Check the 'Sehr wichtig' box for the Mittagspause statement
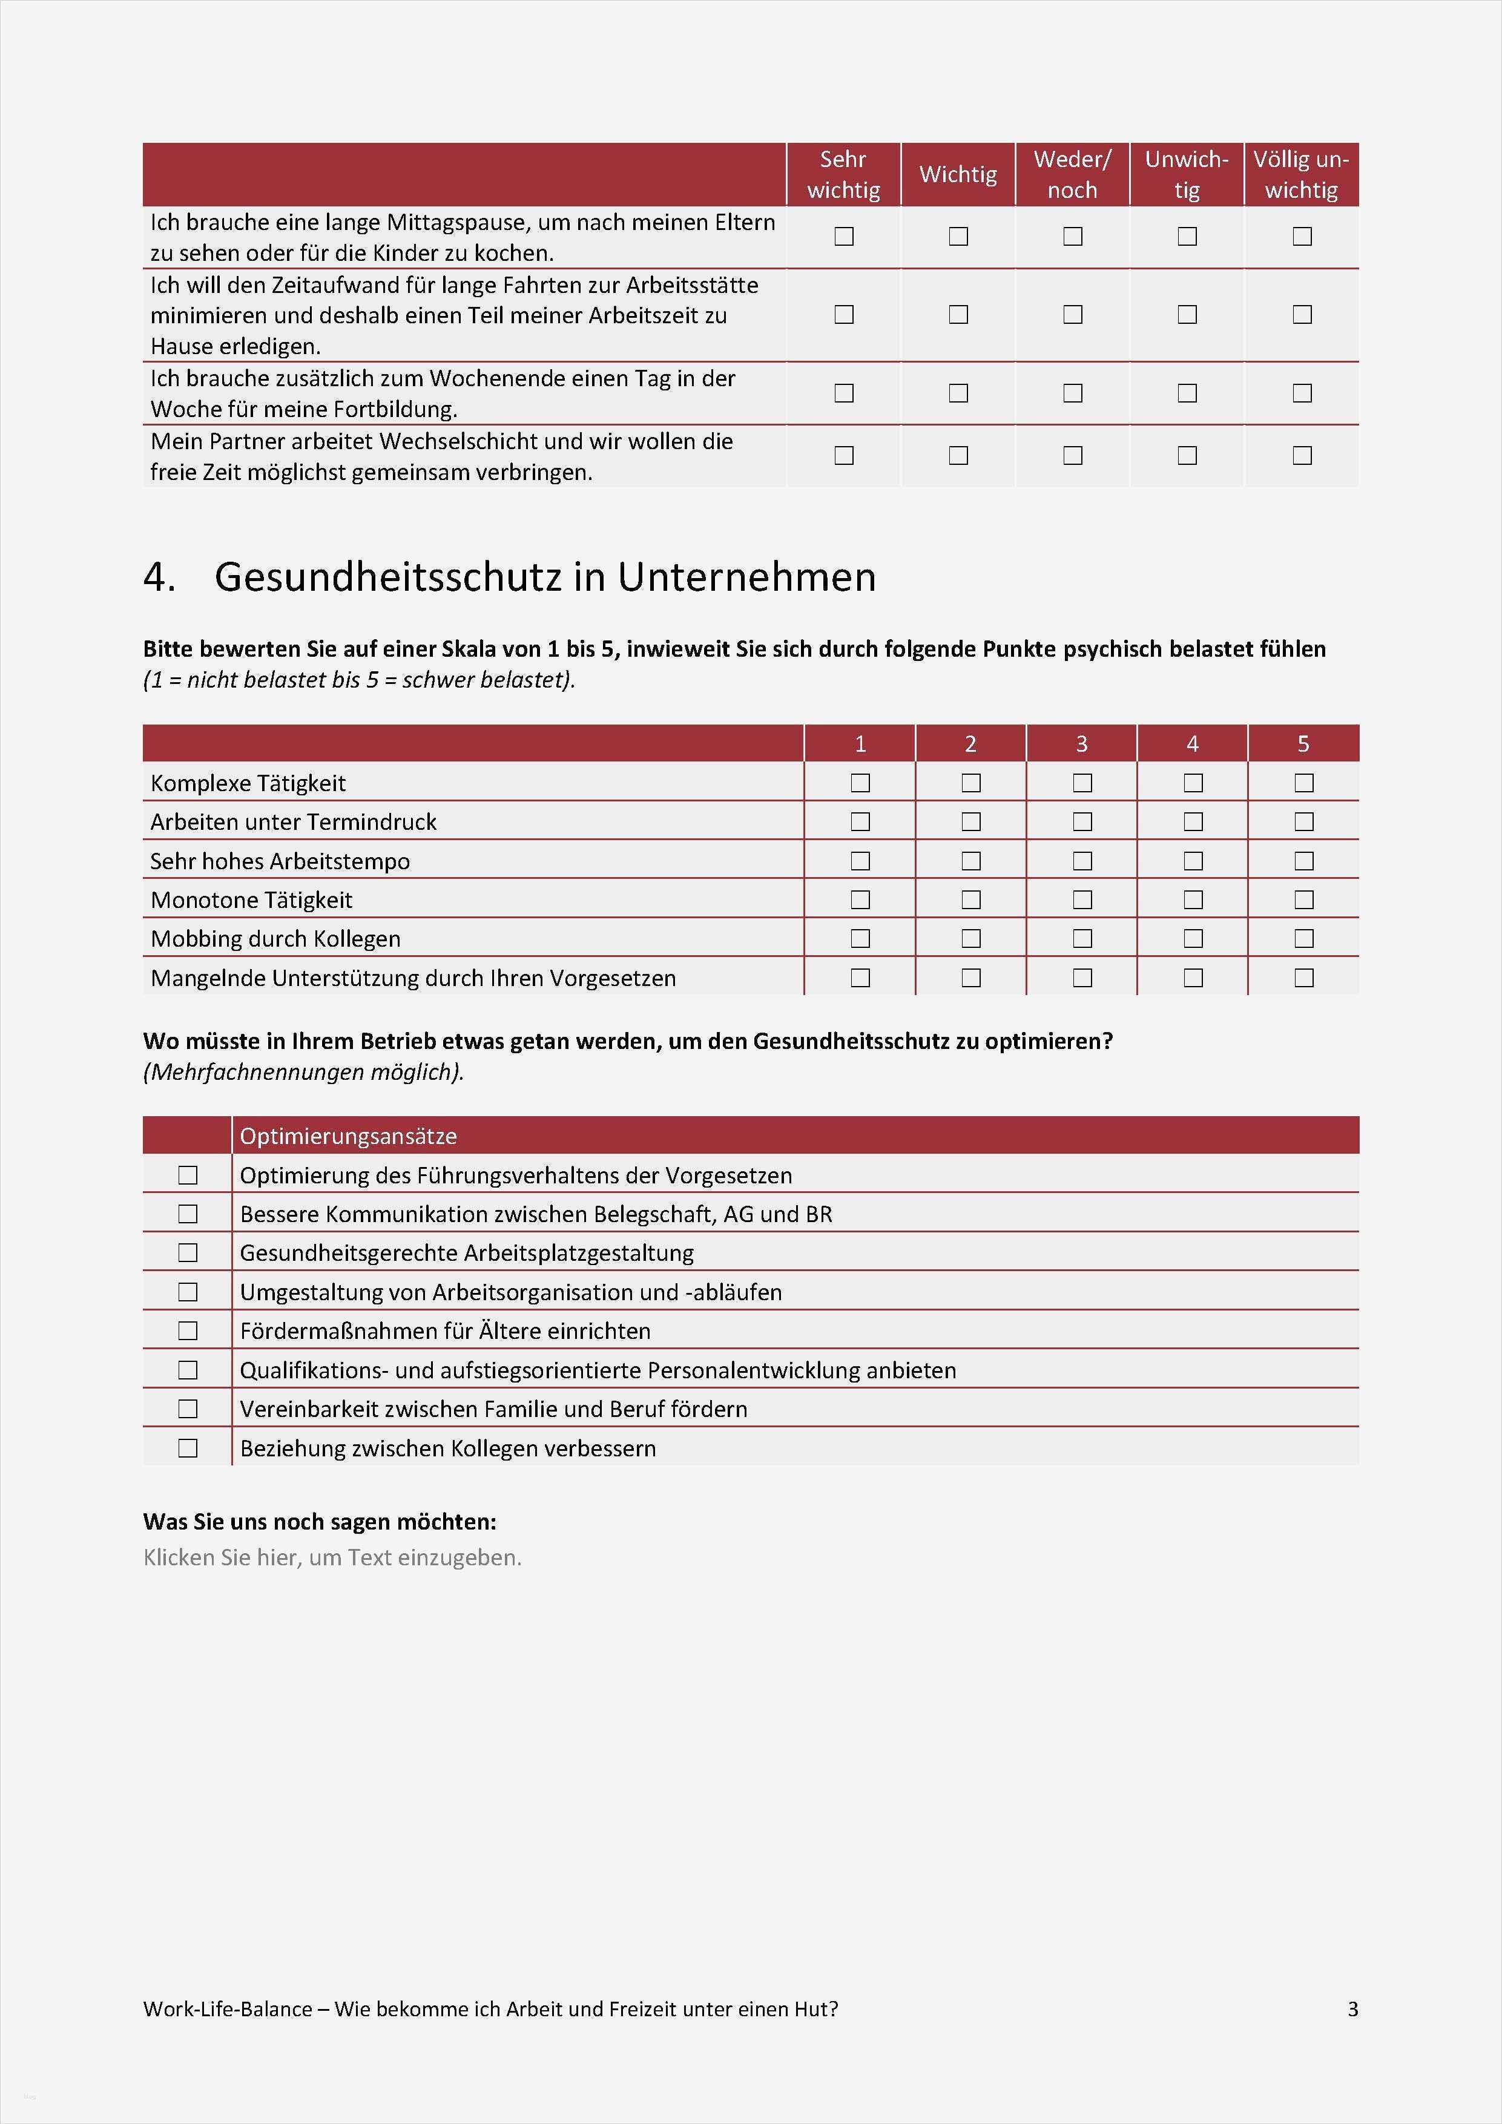coord(843,237)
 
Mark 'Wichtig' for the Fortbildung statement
coord(958,393)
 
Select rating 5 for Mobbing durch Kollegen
coord(1303,938)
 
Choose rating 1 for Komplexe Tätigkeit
coord(860,783)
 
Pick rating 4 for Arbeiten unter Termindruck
coord(1193,821)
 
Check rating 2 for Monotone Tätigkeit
coord(971,899)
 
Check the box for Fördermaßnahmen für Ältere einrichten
coord(188,1330)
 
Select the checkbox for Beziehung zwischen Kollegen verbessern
coord(188,1448)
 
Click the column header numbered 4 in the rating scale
coord(1192,744)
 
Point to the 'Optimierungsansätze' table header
coord(348,1136)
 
